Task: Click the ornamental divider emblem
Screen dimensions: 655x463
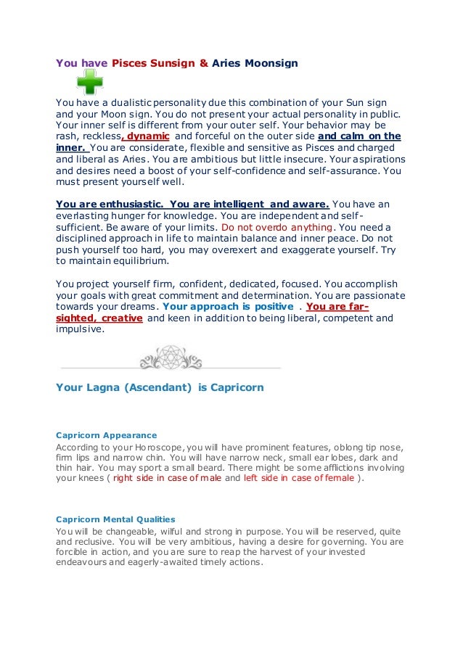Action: click(176, 358)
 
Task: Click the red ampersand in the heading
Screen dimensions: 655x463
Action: click(204, 63)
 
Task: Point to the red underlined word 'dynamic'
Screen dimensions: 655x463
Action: click(148, 136)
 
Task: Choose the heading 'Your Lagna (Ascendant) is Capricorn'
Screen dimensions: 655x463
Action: click(160, 387)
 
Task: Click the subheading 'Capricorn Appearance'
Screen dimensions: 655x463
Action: click(106, 434)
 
